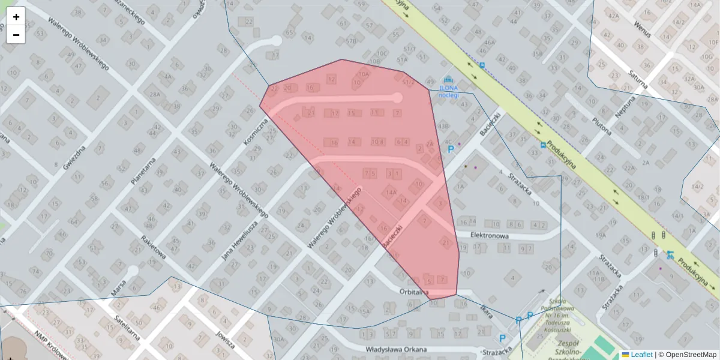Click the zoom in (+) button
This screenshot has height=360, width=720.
coord(16,17)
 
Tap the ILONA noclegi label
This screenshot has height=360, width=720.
coord(448,91)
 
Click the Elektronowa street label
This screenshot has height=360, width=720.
coord(490,236)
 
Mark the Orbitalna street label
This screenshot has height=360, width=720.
coord(414,292)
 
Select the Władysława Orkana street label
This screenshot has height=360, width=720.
coord(396,349)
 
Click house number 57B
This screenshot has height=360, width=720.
coord(351,41)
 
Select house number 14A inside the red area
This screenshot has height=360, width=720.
coord(391,193)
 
